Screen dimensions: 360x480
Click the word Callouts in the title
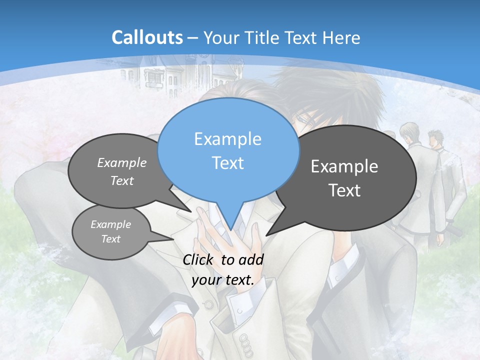pyautogui.click(x=147, y=37)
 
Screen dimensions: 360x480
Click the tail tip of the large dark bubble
pyautogui.click(x=268, y=234)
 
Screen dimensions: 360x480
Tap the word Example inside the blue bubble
pyautogui.click(x=227, y=139)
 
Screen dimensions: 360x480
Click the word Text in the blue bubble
pyautogui.click(x=227, y=163)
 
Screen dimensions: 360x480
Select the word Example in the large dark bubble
pyautogui.click(x=344, y=166)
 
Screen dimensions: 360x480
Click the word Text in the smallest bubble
pyautogui.click(x=111, y=239)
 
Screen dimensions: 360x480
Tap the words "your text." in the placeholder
pyautogui.click(x=223, y=280)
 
